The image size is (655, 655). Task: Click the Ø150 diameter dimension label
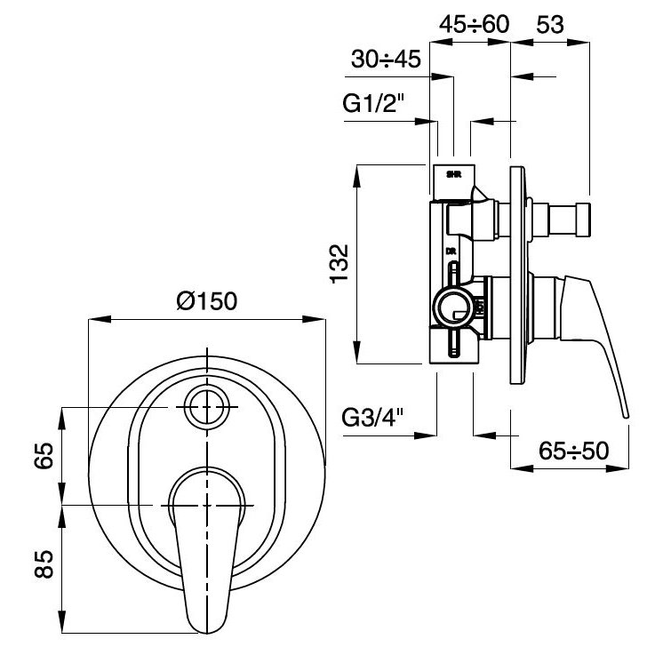[x=206, y=300]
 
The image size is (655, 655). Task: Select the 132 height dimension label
[x=340, y=264]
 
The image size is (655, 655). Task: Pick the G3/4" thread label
[x=372, y=416]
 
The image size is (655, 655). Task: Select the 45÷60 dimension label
[x=475, y=24]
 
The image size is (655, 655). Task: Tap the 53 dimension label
[x=550, y=24]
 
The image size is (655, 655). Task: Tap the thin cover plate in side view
[x=516, y=276]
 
